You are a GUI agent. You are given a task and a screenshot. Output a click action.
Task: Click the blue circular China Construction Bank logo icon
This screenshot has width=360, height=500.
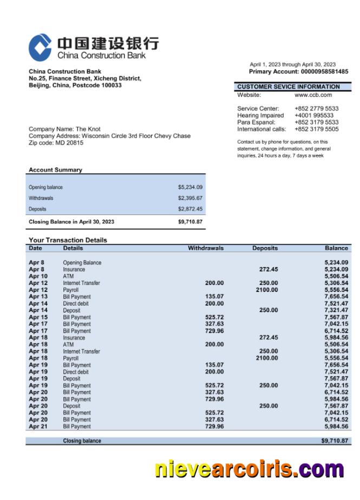[40, 47]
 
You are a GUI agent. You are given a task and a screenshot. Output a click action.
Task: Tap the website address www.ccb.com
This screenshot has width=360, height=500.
[313, 95]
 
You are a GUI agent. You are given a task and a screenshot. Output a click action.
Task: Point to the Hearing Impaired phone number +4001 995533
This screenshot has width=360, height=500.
[314, 115]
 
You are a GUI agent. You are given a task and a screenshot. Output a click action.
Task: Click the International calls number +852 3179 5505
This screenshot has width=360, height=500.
[316, 129]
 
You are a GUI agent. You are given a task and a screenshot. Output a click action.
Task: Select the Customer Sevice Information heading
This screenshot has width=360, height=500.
[289, 87]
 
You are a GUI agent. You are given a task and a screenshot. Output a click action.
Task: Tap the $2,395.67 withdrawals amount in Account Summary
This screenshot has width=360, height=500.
[190, 198]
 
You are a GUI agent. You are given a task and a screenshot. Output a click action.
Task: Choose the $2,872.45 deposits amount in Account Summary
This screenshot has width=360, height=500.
[190, 209]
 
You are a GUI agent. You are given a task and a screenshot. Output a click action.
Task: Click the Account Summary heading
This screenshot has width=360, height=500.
[55, 170]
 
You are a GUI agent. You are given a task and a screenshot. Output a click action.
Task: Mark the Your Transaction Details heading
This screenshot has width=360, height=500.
[68, 240]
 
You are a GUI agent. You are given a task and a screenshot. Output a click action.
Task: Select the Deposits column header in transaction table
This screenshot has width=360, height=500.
[265, 248]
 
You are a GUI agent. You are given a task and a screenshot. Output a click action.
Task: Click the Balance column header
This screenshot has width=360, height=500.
[336, 248]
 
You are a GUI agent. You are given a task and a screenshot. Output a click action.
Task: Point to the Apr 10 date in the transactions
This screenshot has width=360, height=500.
[38, 276]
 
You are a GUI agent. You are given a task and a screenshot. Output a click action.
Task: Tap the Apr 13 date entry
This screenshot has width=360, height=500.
[38, 297]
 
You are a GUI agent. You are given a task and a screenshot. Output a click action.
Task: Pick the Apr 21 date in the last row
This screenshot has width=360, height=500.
[38, 426]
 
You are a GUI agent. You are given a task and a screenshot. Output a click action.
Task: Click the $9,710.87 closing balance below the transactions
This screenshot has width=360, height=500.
[334, 441]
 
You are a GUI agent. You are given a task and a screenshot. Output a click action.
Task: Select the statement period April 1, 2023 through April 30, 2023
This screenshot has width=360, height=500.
[292, 64]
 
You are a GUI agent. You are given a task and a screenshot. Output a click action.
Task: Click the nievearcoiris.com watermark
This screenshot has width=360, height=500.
[250, 469]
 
